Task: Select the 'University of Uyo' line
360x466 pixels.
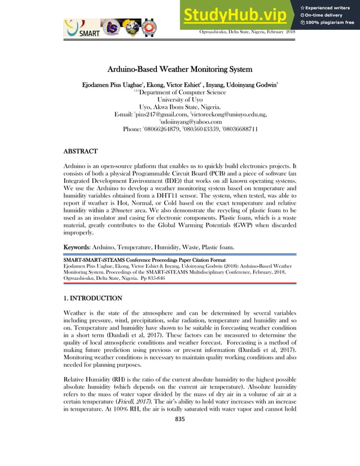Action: click(180, 100)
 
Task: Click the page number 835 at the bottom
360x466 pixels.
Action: click(180, 419)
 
